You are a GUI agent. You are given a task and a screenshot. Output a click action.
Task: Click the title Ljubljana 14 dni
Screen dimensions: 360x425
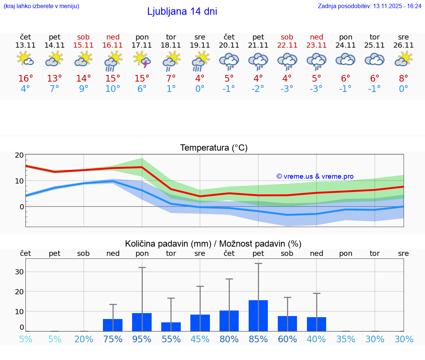pos(182,11)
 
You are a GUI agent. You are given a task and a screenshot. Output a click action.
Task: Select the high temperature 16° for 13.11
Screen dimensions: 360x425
pos(25,79)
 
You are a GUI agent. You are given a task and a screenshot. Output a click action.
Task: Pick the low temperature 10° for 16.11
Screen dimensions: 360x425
pos(113,89)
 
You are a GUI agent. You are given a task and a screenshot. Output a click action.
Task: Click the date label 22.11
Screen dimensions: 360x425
pos(287,45)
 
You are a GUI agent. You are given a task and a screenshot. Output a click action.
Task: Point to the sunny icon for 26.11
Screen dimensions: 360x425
pos(404,59)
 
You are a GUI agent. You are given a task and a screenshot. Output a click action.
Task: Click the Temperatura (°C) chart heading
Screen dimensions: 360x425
pos(214,148)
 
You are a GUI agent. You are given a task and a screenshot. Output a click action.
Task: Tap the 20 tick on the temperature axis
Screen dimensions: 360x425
pos(19,155)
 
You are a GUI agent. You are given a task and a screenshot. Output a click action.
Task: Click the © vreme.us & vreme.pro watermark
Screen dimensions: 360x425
pos(315,176)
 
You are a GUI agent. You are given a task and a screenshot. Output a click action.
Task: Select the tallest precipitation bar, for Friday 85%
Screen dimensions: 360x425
pos(258,316)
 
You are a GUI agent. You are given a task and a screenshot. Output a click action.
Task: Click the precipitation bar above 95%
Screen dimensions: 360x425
pos(142,322)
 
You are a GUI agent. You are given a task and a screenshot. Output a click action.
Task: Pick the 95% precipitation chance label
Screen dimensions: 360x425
pos(142,339)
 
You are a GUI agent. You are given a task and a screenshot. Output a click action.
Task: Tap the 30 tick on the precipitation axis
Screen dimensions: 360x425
pos(19,272)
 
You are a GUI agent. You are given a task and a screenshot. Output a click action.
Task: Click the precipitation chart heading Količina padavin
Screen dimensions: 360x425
pos(213,244)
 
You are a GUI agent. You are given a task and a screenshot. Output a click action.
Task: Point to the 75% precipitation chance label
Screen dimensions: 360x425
pos(113,339)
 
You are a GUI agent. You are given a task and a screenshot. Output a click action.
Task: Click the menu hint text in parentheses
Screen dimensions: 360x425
pos(41,6)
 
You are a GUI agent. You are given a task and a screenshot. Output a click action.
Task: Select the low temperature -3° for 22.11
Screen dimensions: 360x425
pos(287,89)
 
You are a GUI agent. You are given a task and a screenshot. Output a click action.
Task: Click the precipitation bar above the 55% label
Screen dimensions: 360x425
pos(171,327)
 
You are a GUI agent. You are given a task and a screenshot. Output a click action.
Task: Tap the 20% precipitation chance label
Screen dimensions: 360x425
pos(84,339)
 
